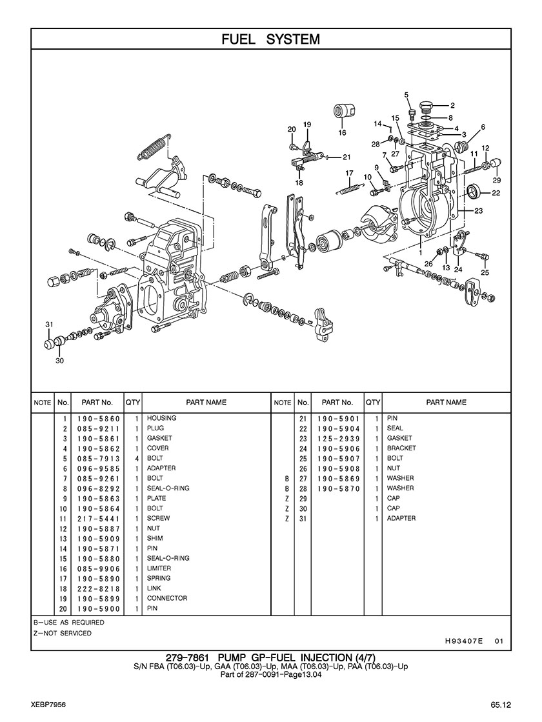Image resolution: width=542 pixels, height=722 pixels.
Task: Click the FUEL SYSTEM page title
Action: pyautogui.click(x=270, y=39)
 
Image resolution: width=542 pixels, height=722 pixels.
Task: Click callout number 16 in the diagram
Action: pyautogui.click(x=342, y=133)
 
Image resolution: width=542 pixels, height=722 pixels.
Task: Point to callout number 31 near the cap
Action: pyautogui.click(x=49, y=324)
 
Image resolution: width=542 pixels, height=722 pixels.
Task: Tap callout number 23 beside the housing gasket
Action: pyautogui.click(x=478, y=211)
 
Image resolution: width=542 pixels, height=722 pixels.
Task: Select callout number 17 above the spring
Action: pyautogui.click(x=349, y=173)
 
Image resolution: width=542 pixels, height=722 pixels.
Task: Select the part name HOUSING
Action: pyautogui.click(x=161, y=418)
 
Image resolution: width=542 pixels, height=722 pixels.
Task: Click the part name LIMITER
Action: pyautogui.click(x=159, y=568)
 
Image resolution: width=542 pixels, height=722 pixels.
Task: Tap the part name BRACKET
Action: pyautogui.click(x=401, y=448)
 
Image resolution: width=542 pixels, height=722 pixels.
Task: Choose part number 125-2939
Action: pyautogui.click(x=339, y=438)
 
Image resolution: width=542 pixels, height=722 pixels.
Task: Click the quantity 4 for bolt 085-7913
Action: pyautogui.click(x=137, y=459)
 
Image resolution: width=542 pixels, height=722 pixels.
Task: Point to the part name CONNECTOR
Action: pyautogui.click(x=166, y=598)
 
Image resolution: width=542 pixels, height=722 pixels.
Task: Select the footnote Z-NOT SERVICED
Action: pyautogui.click(x=62, y=633)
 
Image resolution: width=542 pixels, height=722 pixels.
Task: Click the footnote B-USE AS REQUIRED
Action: pyautogui.click(x=68, y=623)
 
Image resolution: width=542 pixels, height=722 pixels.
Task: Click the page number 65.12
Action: pyautogui.click(x=500, y=705)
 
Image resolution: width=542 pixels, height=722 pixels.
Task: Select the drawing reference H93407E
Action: pyautogui.click(x=464, y=641)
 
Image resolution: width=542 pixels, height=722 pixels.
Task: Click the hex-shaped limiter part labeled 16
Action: pyautogui.click(x=342, y=110)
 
